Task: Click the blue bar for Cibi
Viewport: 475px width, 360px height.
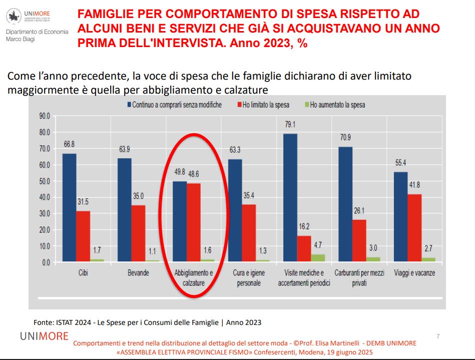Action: pyautogui.click(x=69, y=207)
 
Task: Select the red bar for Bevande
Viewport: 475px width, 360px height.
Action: pyautogui.click(x=138, y=233)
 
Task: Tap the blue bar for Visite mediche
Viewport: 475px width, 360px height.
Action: pyautogui.click(x=290, y=198)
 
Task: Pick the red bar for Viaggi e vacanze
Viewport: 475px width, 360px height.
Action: pyautogui.click(x=414, y=228)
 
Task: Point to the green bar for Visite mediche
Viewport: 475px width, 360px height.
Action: pyautogui.click(x=318, y=258)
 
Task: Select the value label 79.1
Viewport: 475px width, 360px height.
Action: pyautogui.click(x=290, y=125)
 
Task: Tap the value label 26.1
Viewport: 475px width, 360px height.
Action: pyautogui.click(x=359, y=211)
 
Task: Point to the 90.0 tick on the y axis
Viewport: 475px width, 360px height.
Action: pyautogui.click(x=45, y=116)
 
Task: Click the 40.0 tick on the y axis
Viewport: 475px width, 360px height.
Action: pyautogui.click(x=45, y=197)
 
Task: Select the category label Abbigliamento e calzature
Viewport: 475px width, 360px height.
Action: pyautogui.click(x=194, y=278)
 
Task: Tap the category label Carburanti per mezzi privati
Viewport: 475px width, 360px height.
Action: pyautogui.click(x=359, y=278)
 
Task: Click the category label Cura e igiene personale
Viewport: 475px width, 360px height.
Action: pyautogui.click(x=249, y=278)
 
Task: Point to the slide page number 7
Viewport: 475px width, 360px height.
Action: pyautogui.click(x=438, y=336)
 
